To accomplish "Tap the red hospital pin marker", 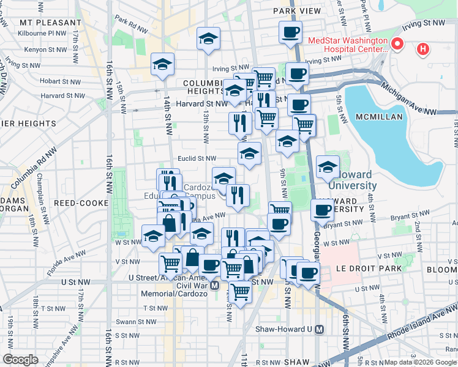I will [x=397, y=43].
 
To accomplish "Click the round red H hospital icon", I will [x=422, y=49].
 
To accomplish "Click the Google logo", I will [x=20, y=360].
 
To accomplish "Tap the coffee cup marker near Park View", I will [x=290, y=31].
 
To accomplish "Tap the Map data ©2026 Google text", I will [x=422, y=362].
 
